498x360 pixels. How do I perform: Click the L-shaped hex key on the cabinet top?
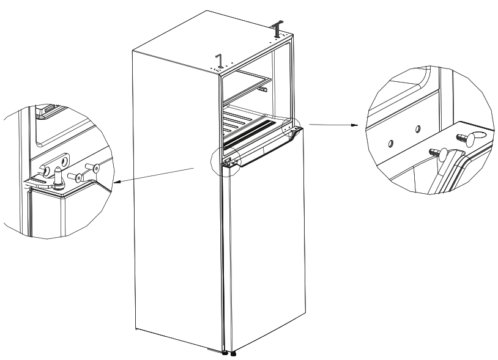(x=219, y=60)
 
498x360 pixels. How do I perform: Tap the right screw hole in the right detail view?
(x=418, y=130)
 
